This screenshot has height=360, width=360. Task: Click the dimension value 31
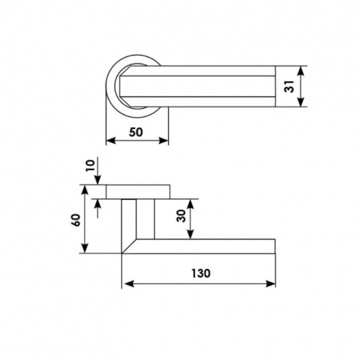click(289, 87)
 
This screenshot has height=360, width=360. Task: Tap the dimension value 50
click(136, 132)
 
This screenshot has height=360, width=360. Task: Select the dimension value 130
click(201, 273)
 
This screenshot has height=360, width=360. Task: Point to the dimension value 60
click(76, 220)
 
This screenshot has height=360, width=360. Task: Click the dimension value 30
click(181, 216)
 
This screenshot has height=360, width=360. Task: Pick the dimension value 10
click(90, 165)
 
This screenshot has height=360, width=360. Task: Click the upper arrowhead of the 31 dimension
click(300, 71)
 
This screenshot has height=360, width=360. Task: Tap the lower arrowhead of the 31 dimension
click(300, 102)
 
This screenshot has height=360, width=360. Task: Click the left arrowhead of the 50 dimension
click(111, 141)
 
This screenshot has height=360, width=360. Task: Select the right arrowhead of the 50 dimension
click(163, 141)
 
